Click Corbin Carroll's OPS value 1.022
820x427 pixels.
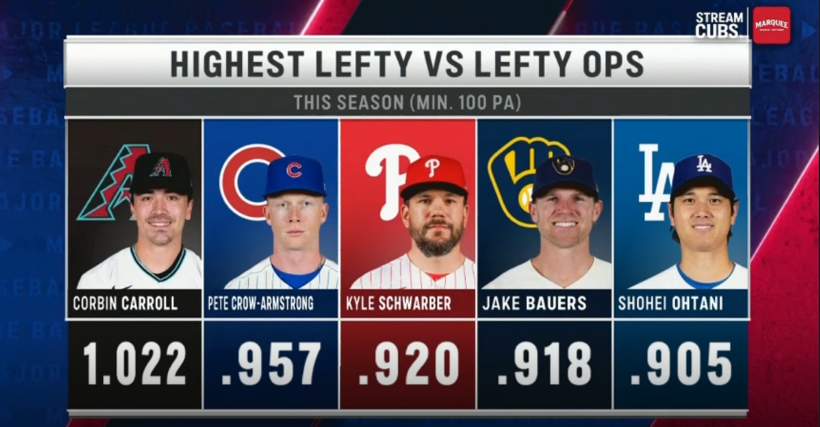pyautogui.click(x=135, y=364)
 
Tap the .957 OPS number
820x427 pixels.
pyautogui.click(x=270, y=364)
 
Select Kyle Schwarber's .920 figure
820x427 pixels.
pyautogui.click(x=407, y=364)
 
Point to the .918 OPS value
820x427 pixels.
pyautogui.click(x=544, y=364)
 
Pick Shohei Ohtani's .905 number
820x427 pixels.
pyautogui.click(x=680, y=364)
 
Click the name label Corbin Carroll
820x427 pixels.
pyautogui.click(x=125, y=303)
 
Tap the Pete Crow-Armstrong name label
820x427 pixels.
pyautogui.click(x=261, y=303)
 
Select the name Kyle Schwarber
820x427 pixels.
pyautogui.click(x=398, y=303)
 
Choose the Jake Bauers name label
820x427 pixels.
pyautogui.click(x=534, y=303)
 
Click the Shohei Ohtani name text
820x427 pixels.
pyautogui.click(x=671, y=303)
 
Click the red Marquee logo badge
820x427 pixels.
pyautogui.click(x=772, y=25)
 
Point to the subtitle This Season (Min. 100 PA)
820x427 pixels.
pyautogui.click(x=407, y=103)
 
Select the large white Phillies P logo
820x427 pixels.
pyautogui.click(x=386, y=183)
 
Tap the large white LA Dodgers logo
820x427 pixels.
pyautogui.click(x=655, y=182)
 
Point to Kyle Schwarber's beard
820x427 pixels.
pyautogui.click(x=434, y=236)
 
